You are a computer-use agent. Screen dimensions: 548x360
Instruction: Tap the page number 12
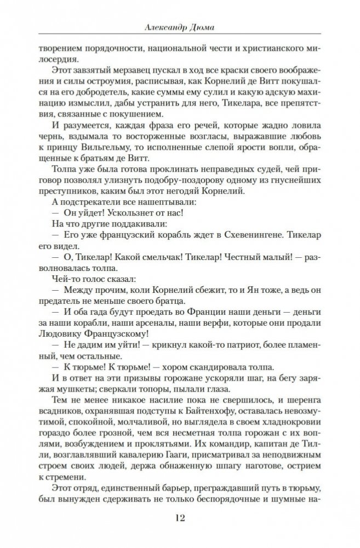(x=180, y=518)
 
